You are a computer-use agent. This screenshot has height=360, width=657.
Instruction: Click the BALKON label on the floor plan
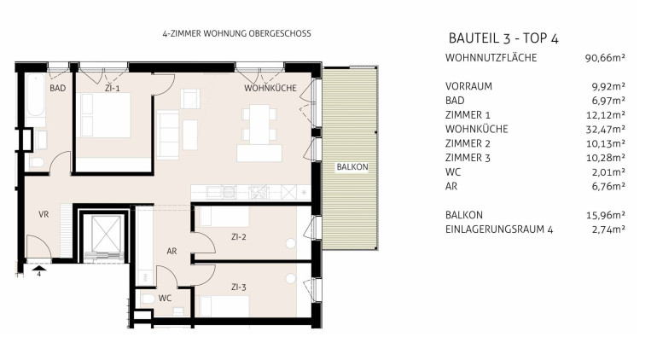pos(352,167)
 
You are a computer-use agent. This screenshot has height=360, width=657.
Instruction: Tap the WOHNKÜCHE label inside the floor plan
pos(270,88)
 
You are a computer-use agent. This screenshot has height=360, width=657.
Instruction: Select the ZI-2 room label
pos(238,237)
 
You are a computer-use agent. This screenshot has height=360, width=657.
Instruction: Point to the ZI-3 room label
pos(238,287)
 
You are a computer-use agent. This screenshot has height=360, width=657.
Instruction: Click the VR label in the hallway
pos(44,214)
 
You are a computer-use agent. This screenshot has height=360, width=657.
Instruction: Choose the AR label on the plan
pos(172,251)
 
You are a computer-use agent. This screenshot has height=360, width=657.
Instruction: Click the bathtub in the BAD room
pos(36,96)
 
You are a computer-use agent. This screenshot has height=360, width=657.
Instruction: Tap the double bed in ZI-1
pos(105,115)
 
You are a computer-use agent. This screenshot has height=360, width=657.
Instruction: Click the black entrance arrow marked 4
pos(39,269)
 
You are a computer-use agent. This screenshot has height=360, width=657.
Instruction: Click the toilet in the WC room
pos(148,299)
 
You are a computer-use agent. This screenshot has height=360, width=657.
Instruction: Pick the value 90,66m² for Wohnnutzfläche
pos(605,58)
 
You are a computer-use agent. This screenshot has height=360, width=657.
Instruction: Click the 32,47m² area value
pos(605,129)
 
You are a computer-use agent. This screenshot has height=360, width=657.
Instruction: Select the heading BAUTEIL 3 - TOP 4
pos(503,38)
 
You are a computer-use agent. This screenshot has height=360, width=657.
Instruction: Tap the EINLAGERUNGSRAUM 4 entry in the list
pos(499,229)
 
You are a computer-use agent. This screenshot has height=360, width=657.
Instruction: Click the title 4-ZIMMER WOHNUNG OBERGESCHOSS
pos(236,33)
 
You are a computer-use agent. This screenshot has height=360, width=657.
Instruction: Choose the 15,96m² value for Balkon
pos(606,215)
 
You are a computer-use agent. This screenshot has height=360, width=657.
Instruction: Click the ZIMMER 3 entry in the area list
pos(468,158)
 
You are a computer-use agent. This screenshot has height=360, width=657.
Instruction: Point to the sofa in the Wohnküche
pos(168,135)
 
